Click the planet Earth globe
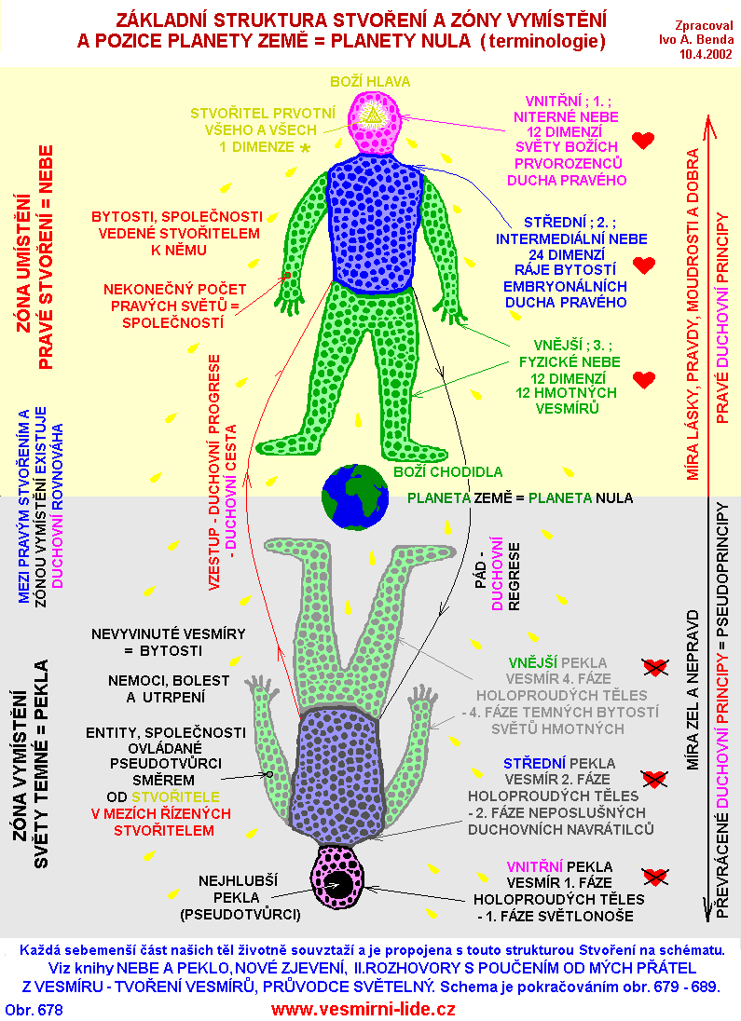(355, 497)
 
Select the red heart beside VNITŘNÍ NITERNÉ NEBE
(643, 141)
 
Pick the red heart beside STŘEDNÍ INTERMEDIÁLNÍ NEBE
(643, 265)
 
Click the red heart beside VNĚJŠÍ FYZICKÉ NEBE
(643, 379)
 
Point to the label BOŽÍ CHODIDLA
(447, 472)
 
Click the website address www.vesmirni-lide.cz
(364, 1009)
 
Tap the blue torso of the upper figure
(375, 224)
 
